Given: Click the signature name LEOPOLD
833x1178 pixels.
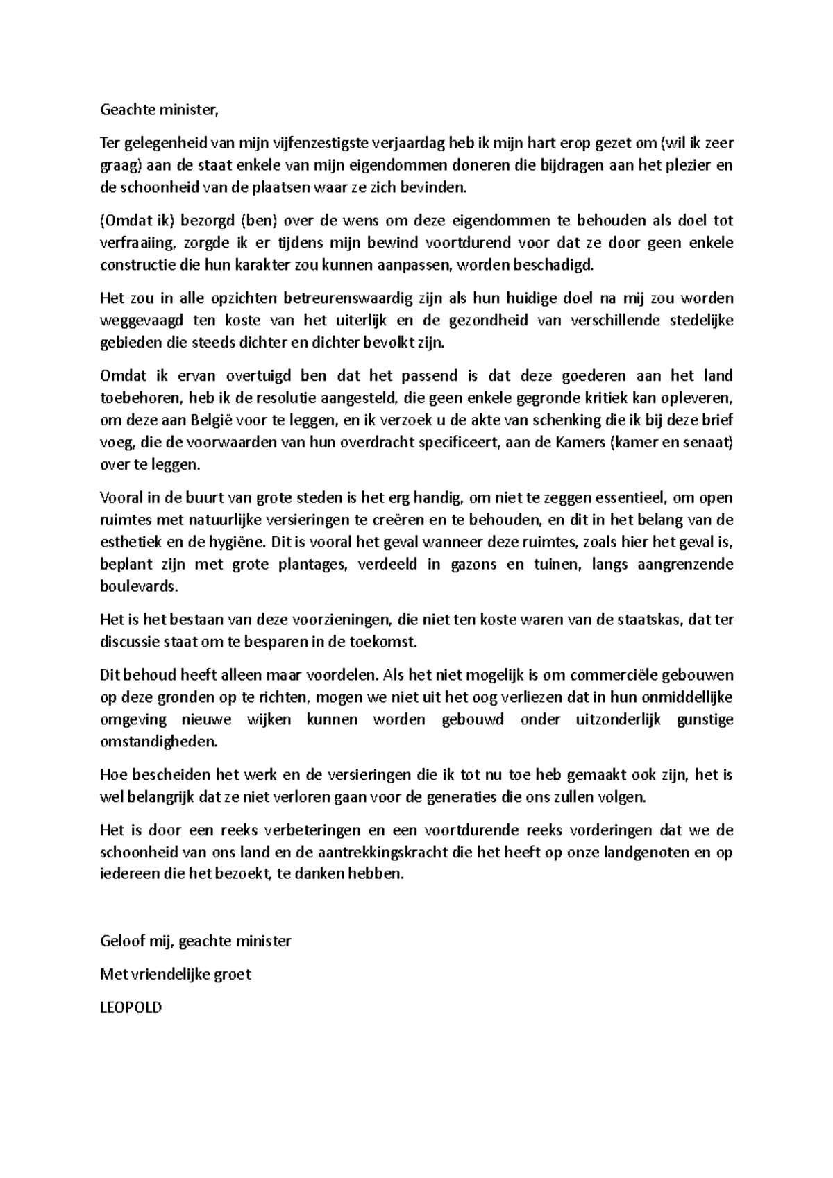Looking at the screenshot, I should point(131,1007).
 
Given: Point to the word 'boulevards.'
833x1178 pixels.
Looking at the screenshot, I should point(139,586).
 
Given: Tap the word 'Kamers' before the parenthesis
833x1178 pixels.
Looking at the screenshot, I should point(580,443).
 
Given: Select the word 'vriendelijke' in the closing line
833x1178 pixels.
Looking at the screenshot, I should point(167,975).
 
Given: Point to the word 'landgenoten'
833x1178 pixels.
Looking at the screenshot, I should point(649,853).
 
